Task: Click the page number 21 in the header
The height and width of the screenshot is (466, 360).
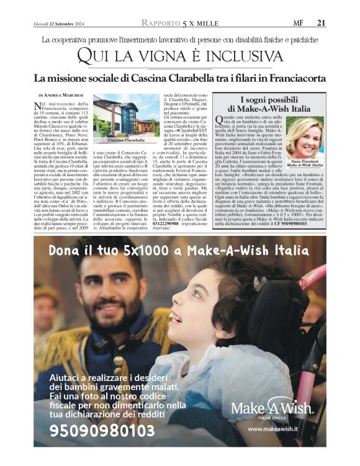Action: [x=321, y=24]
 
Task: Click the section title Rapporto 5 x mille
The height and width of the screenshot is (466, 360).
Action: [x=179, y=24]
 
